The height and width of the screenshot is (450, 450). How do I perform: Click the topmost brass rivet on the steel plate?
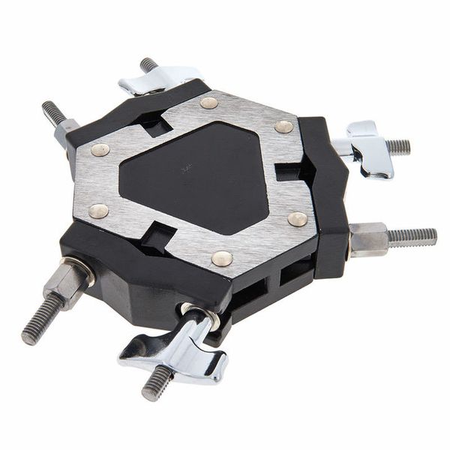pyautogui.click(x=208, y=103)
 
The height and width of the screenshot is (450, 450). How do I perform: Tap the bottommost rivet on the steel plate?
pyautogui.click(x=221, y=258)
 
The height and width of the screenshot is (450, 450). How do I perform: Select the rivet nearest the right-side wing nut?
pyautogui.click(x=283, y=127)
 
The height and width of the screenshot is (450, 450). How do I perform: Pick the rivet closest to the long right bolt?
pyautogui.click(x=298, y=219)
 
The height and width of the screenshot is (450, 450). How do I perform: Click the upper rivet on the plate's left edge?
pyautogui.click(x=100, y=149)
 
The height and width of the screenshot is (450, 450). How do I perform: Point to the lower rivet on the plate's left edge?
pyautogui.click(x=98, y=211)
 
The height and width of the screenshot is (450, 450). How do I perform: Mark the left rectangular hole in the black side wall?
pyautogui.click(x=251, y=289)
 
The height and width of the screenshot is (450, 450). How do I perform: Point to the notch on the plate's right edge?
pyautogui.click(x=289, y=172)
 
